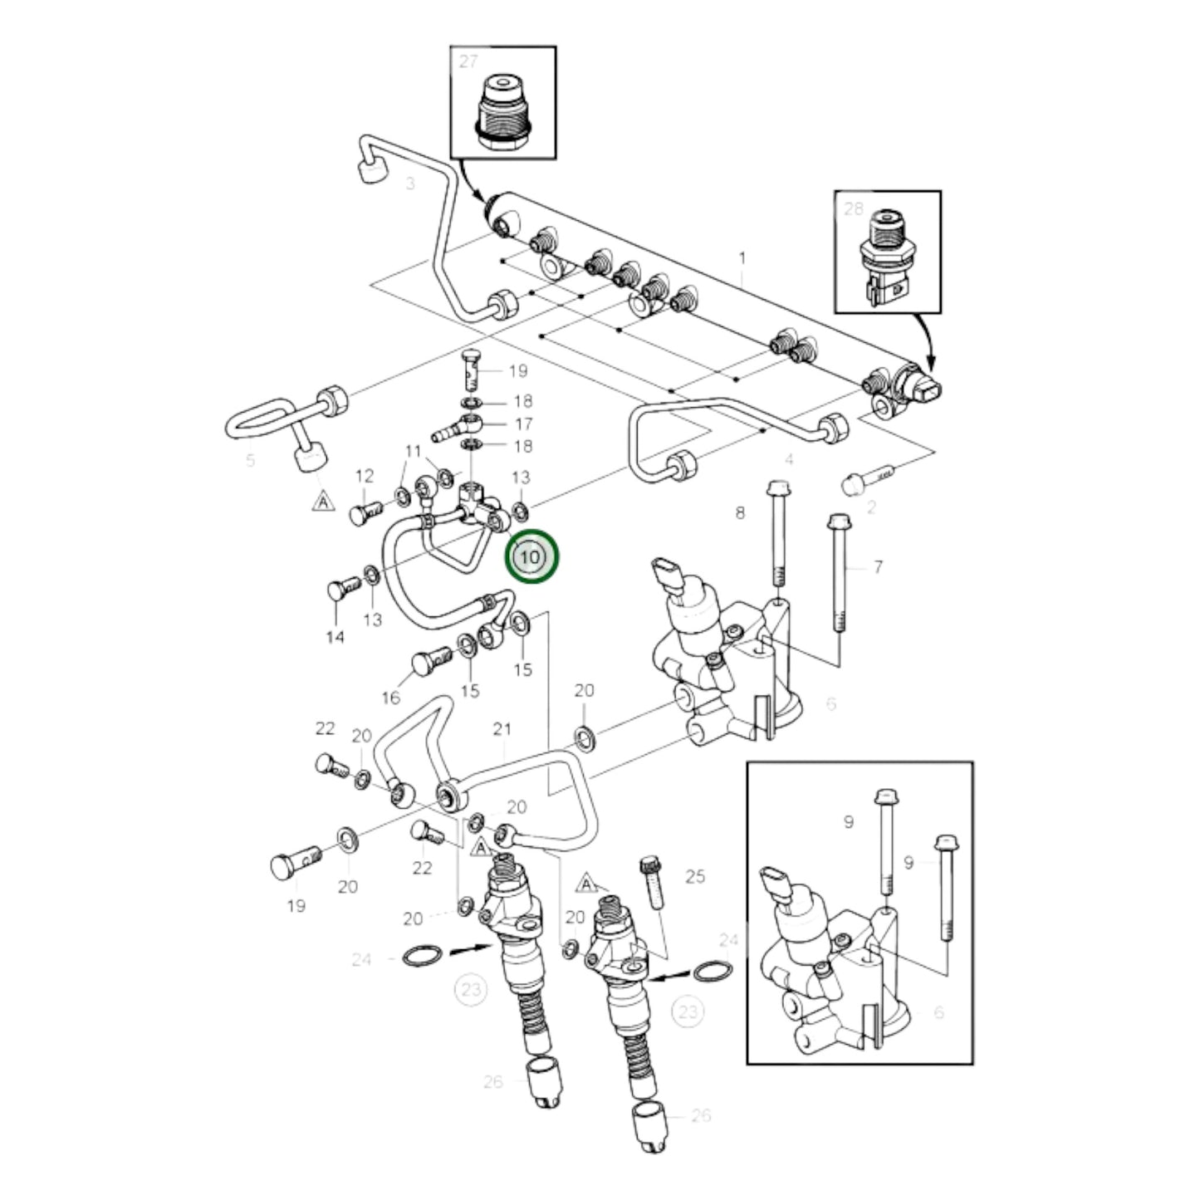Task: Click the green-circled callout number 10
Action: coord(533,556)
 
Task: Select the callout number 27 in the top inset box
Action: coord(469,62)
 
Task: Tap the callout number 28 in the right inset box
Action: coord(854,208)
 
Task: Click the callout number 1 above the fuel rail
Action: coord(742,258)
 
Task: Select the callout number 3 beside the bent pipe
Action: coord(410,184)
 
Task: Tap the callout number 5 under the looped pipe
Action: coord(250,462)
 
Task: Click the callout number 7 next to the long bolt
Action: coord(879,568)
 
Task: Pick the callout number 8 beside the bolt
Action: coord(741,514)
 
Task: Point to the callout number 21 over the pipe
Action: coord(502,729)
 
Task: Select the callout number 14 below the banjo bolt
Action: coord(335,638)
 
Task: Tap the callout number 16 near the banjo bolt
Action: coord(390,698)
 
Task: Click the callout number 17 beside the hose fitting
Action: coord(522,424)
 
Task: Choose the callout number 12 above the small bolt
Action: coord(365,476)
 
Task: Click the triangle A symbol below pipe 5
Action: coord(323,502)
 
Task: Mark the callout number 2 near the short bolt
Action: coord(870,507)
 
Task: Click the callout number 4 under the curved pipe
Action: coord(789,459)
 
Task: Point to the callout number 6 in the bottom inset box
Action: coord(939,1012)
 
